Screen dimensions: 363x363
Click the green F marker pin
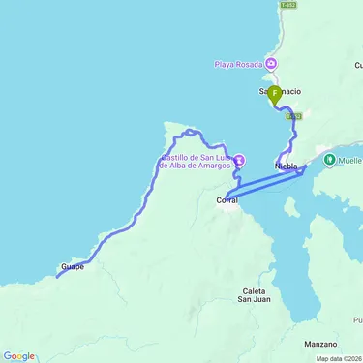[x=274, y=94]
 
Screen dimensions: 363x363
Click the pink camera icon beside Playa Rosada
[x=271, y=66]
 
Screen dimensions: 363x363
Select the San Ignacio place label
[x=280, y=91]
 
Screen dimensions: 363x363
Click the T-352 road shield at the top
[x=287, y=4]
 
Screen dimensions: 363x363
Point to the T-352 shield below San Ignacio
[x=294, y=115]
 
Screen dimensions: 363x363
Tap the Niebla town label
[x=287, y=166]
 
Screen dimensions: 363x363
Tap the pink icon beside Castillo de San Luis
[x=239, y=161]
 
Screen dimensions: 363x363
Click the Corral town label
[x=227, y=200]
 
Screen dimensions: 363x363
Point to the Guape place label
[x=73, y=266]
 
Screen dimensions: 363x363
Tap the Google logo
[x=18, y=356]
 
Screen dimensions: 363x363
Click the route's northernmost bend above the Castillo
[x=191, y=131]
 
